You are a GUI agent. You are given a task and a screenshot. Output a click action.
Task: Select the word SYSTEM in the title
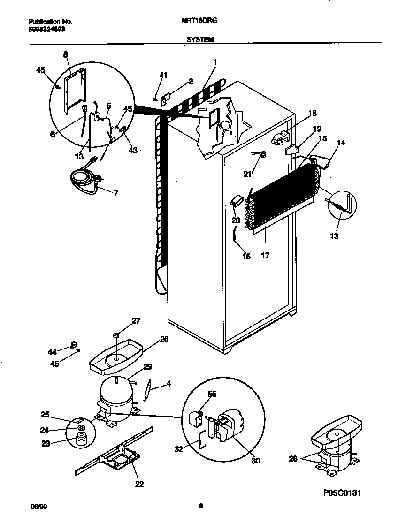(x=200, y=40)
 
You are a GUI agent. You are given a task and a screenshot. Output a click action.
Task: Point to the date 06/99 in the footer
(x=38, y=506)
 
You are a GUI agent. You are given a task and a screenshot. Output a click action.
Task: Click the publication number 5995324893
(x=46, y=28)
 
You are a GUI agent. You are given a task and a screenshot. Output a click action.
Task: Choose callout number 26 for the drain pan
(x=164, y=339)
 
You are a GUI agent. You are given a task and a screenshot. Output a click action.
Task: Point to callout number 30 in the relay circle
(x=255, y=461)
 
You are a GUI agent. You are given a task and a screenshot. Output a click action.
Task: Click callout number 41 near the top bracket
(x=163, y=75)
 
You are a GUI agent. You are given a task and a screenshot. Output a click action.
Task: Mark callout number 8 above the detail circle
(x=66, y=54)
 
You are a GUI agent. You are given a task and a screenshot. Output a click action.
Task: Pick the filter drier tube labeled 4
(x=148, y=388)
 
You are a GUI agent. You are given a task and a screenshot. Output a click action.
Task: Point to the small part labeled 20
(x=237, y=201)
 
